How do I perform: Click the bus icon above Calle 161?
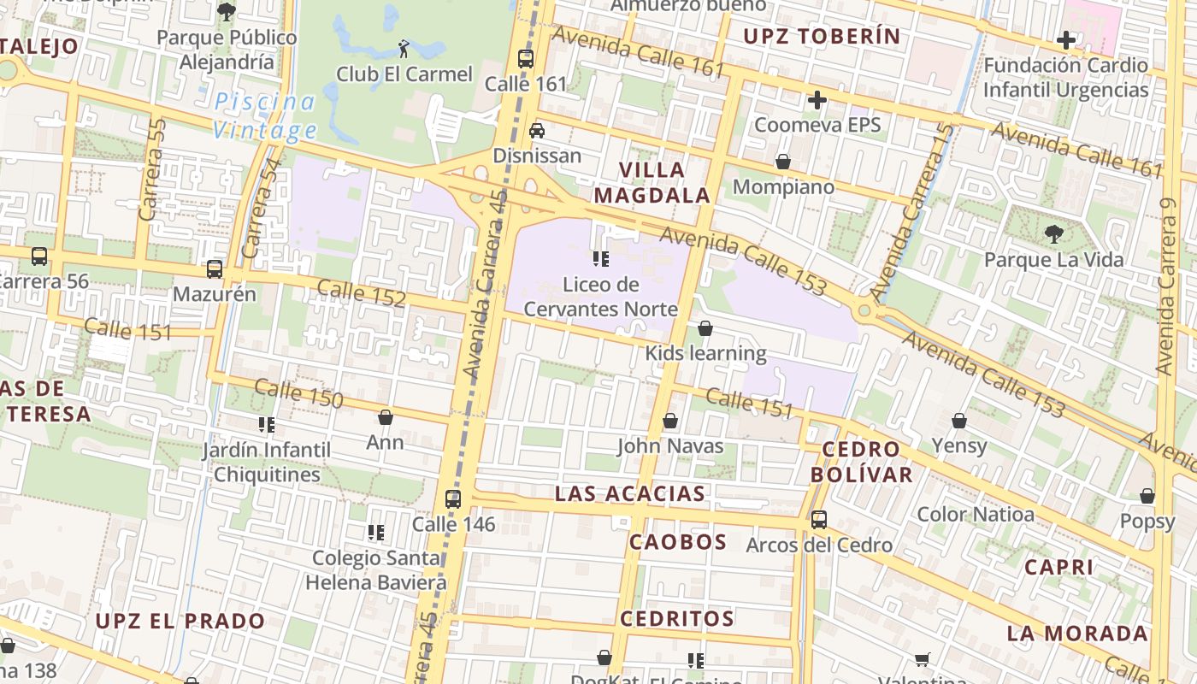click(526, 59)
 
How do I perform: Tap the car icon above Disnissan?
click(537, 130)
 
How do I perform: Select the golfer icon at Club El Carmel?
click(404, 49)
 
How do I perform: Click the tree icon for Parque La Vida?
click(1053, 233)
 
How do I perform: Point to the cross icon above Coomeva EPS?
click(817, 100)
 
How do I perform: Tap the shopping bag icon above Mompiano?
click(782, 162)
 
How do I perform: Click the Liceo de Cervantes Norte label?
click(600, 297)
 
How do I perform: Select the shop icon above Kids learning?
click(705, 328)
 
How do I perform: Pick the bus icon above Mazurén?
click(215, 268)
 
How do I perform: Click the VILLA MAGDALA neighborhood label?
click(652, 182)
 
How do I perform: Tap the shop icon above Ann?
click(386, 417)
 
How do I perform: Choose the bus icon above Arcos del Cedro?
click(819, 519)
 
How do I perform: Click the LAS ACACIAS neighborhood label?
click(630, 493)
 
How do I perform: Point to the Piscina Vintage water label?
click(265, 116)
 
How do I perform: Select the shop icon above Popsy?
click(1147, 496)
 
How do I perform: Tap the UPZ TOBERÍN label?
click(822, 36)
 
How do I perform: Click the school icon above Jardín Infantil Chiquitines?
click(266, 424)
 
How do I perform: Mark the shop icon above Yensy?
click(959, 421)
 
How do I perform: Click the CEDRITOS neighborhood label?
click(677, 618)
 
